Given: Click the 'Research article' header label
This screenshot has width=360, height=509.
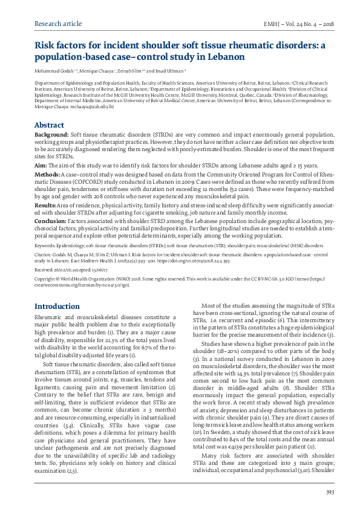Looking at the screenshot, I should point(58,24).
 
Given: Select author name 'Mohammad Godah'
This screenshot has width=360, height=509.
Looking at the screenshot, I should point(51,71).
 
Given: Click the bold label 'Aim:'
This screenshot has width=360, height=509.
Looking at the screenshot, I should point(41,165).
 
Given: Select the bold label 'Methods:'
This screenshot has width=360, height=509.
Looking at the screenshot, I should point(48,173).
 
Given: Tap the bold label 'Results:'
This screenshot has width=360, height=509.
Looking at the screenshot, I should point(47,205).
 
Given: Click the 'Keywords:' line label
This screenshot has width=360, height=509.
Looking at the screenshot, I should point(47,247).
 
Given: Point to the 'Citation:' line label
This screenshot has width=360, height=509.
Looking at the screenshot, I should point(45,256).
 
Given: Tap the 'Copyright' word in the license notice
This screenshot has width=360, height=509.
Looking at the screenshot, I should point(46,280).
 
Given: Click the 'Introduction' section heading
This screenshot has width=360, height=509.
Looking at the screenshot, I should point(57,307).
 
